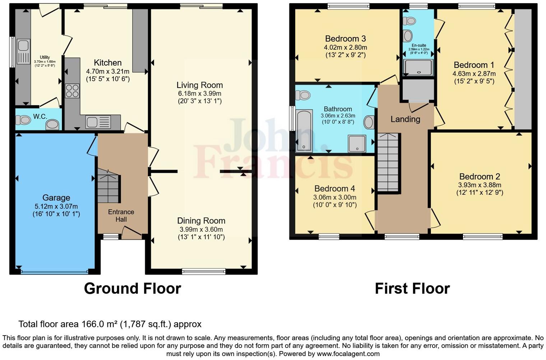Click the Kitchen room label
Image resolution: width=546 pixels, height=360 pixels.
(107, 63)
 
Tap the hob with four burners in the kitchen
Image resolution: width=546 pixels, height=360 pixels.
(72, 91)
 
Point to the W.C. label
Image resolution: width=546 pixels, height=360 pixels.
(40, 116)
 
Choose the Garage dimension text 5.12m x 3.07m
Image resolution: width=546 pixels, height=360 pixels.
(56, 206)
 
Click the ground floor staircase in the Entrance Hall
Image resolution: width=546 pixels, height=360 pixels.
(108, 187)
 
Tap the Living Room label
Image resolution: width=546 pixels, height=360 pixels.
(199, 85)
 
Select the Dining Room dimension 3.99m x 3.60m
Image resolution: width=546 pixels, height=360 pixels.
(201, 229)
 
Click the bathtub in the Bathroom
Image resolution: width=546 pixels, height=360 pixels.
(304, 131)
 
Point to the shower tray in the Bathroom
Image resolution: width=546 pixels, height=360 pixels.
(357, 143)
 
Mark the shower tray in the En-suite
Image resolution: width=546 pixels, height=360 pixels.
(418, 68)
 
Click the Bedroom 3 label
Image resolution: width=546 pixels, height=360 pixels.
(345, 39)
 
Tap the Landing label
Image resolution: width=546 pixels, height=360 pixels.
(405, 119)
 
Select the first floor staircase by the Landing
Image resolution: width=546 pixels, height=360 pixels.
(388, 162)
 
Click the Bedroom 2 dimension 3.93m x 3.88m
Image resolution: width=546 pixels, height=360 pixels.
(480, 185)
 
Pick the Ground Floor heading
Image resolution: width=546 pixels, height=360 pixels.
(132, 289)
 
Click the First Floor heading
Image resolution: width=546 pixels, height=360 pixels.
(412, 289)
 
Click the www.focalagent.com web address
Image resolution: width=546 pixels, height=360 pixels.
(348, 354)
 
